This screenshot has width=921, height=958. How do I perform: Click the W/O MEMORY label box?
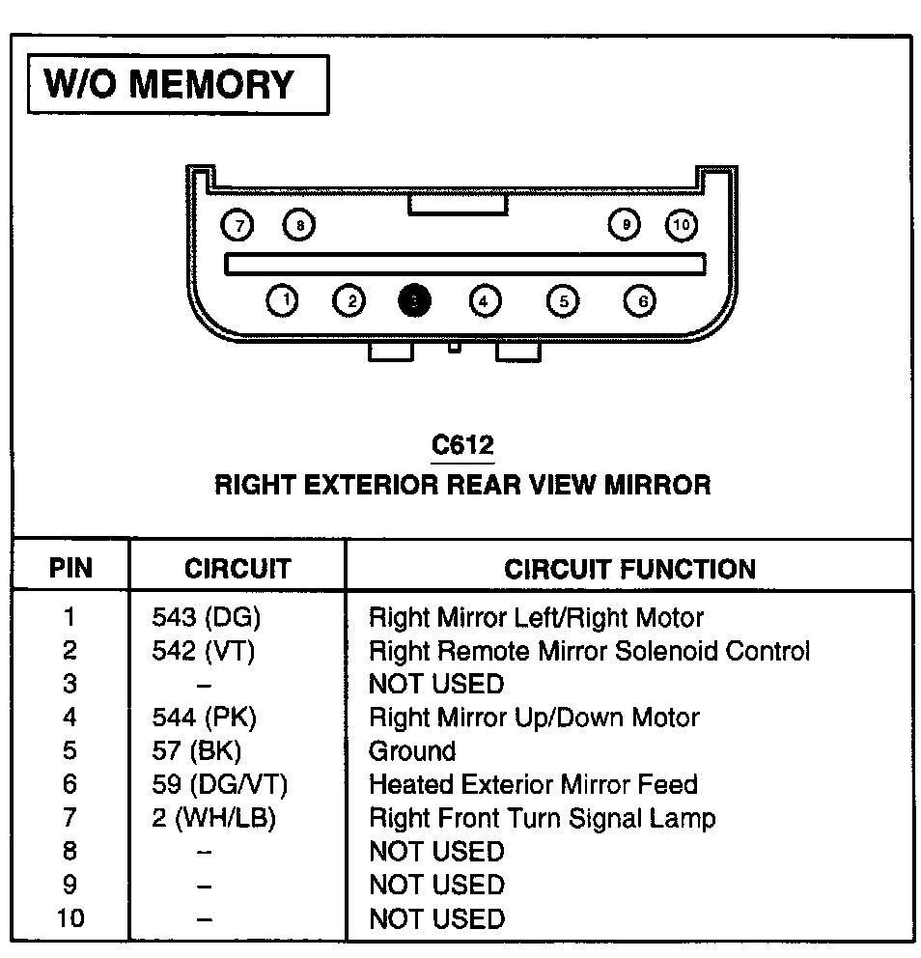[x=179, y=84]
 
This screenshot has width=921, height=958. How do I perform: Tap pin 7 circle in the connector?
[x=237, y=226]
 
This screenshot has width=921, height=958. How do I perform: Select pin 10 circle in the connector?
[x=682, y=226]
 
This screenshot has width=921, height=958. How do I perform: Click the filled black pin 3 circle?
[x=414, y=301]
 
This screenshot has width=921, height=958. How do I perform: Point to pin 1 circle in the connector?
[x=283, y=301]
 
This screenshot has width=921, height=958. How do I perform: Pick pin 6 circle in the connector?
[x=640, y=301]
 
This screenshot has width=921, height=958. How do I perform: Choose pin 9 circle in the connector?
[x=626, y=226]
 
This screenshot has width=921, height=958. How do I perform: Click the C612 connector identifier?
[x=462, y=445]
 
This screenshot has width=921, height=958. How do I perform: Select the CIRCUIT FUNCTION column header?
[x=629, y=569]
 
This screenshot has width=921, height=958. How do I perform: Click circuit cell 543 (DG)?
[x=207, y=618]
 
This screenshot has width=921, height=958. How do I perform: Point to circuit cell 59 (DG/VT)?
[x=220, y=785]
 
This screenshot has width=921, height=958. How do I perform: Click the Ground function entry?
[x=412, y=751]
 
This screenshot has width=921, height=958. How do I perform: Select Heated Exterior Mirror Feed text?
[x=533, y=785]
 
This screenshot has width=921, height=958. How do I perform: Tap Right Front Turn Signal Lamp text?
[x=543, y=819]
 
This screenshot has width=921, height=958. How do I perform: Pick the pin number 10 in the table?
[x=70, y=917]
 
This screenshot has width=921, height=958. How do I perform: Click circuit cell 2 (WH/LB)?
[x=214, y=819]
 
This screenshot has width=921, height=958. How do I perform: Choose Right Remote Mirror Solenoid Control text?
[x=589, y=652]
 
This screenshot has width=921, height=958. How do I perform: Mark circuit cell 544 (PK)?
[x=205, y=718]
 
